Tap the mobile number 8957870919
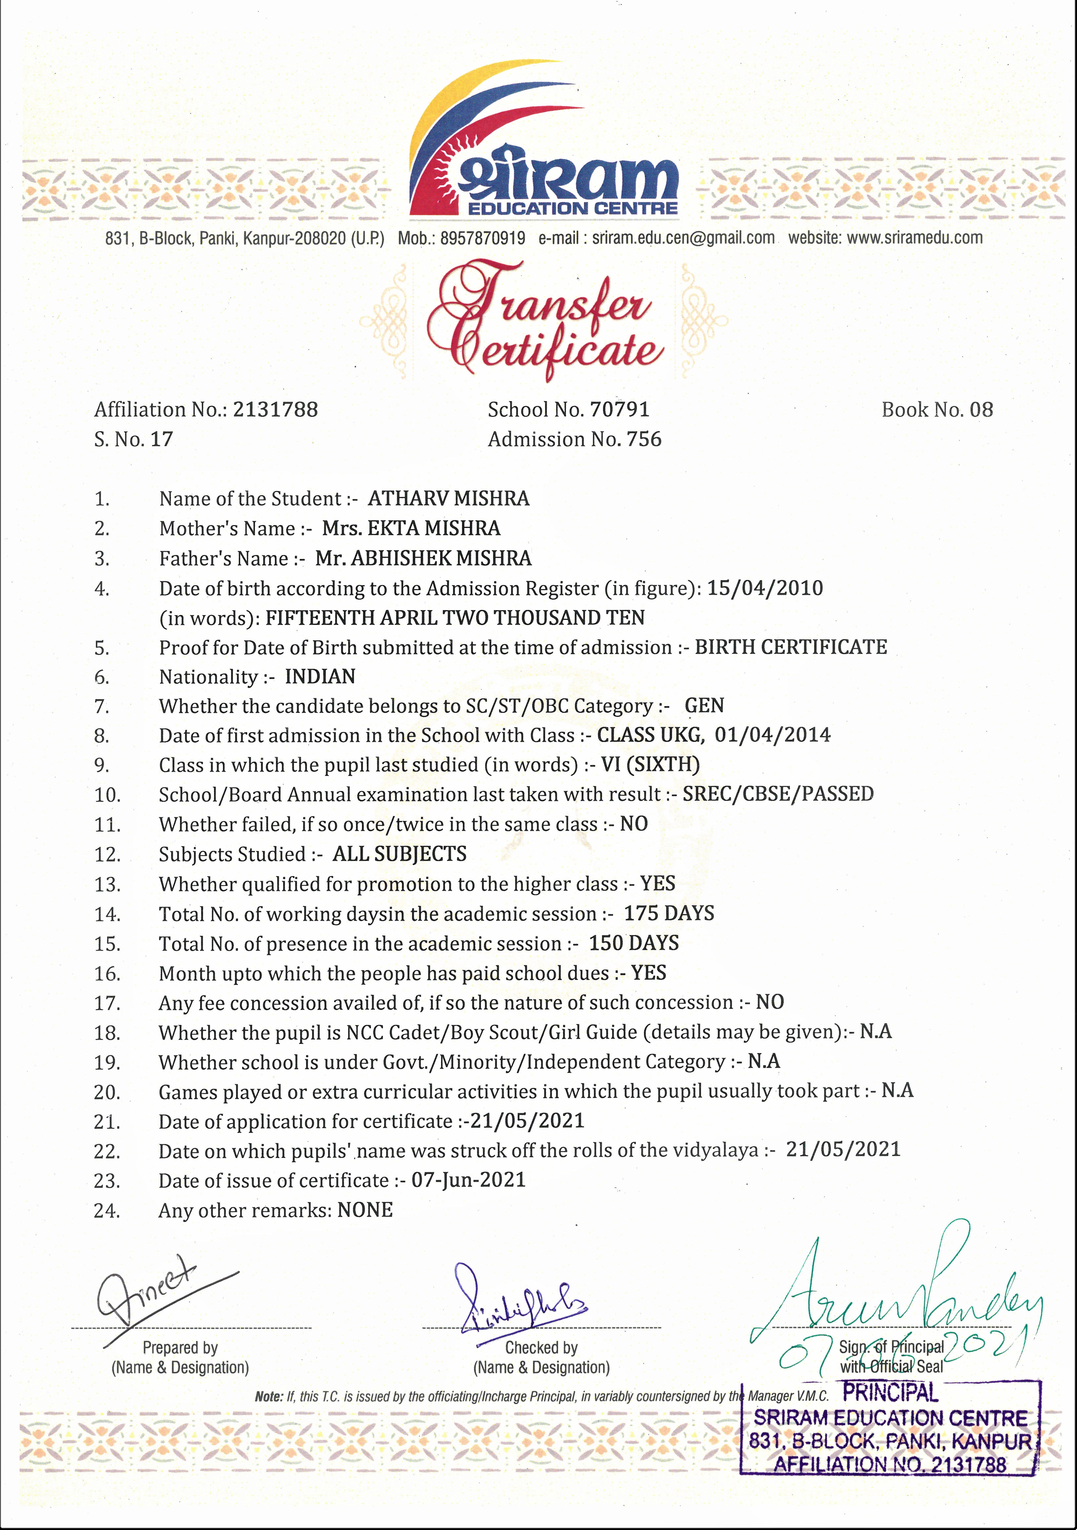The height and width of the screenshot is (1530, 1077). [x=482, y=238]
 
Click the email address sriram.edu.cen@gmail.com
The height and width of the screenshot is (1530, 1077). [x=683, y=238]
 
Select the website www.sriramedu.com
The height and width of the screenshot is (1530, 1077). [x=914, y=238]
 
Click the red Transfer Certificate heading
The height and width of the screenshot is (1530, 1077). [x=544, y=320]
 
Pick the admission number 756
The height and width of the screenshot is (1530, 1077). [x=644, y=439]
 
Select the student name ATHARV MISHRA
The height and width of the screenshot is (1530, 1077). [x=448, y=498]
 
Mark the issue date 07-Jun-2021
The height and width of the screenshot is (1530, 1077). [x=468, y=1180]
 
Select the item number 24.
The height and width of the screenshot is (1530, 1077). [x=107, y=1211]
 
